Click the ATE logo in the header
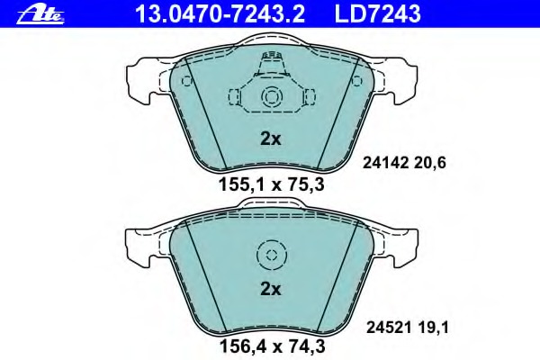coord(40,15)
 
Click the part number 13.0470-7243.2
coord(220,14)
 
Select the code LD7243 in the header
coord(377,14)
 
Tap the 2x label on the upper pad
coord(270,139)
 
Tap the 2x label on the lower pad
coord(270,290)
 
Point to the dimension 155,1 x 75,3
coord(272,185)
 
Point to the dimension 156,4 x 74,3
coord(272,346)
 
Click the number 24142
coord(385,163)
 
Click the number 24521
coord(389,328)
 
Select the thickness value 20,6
coord(430,163)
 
